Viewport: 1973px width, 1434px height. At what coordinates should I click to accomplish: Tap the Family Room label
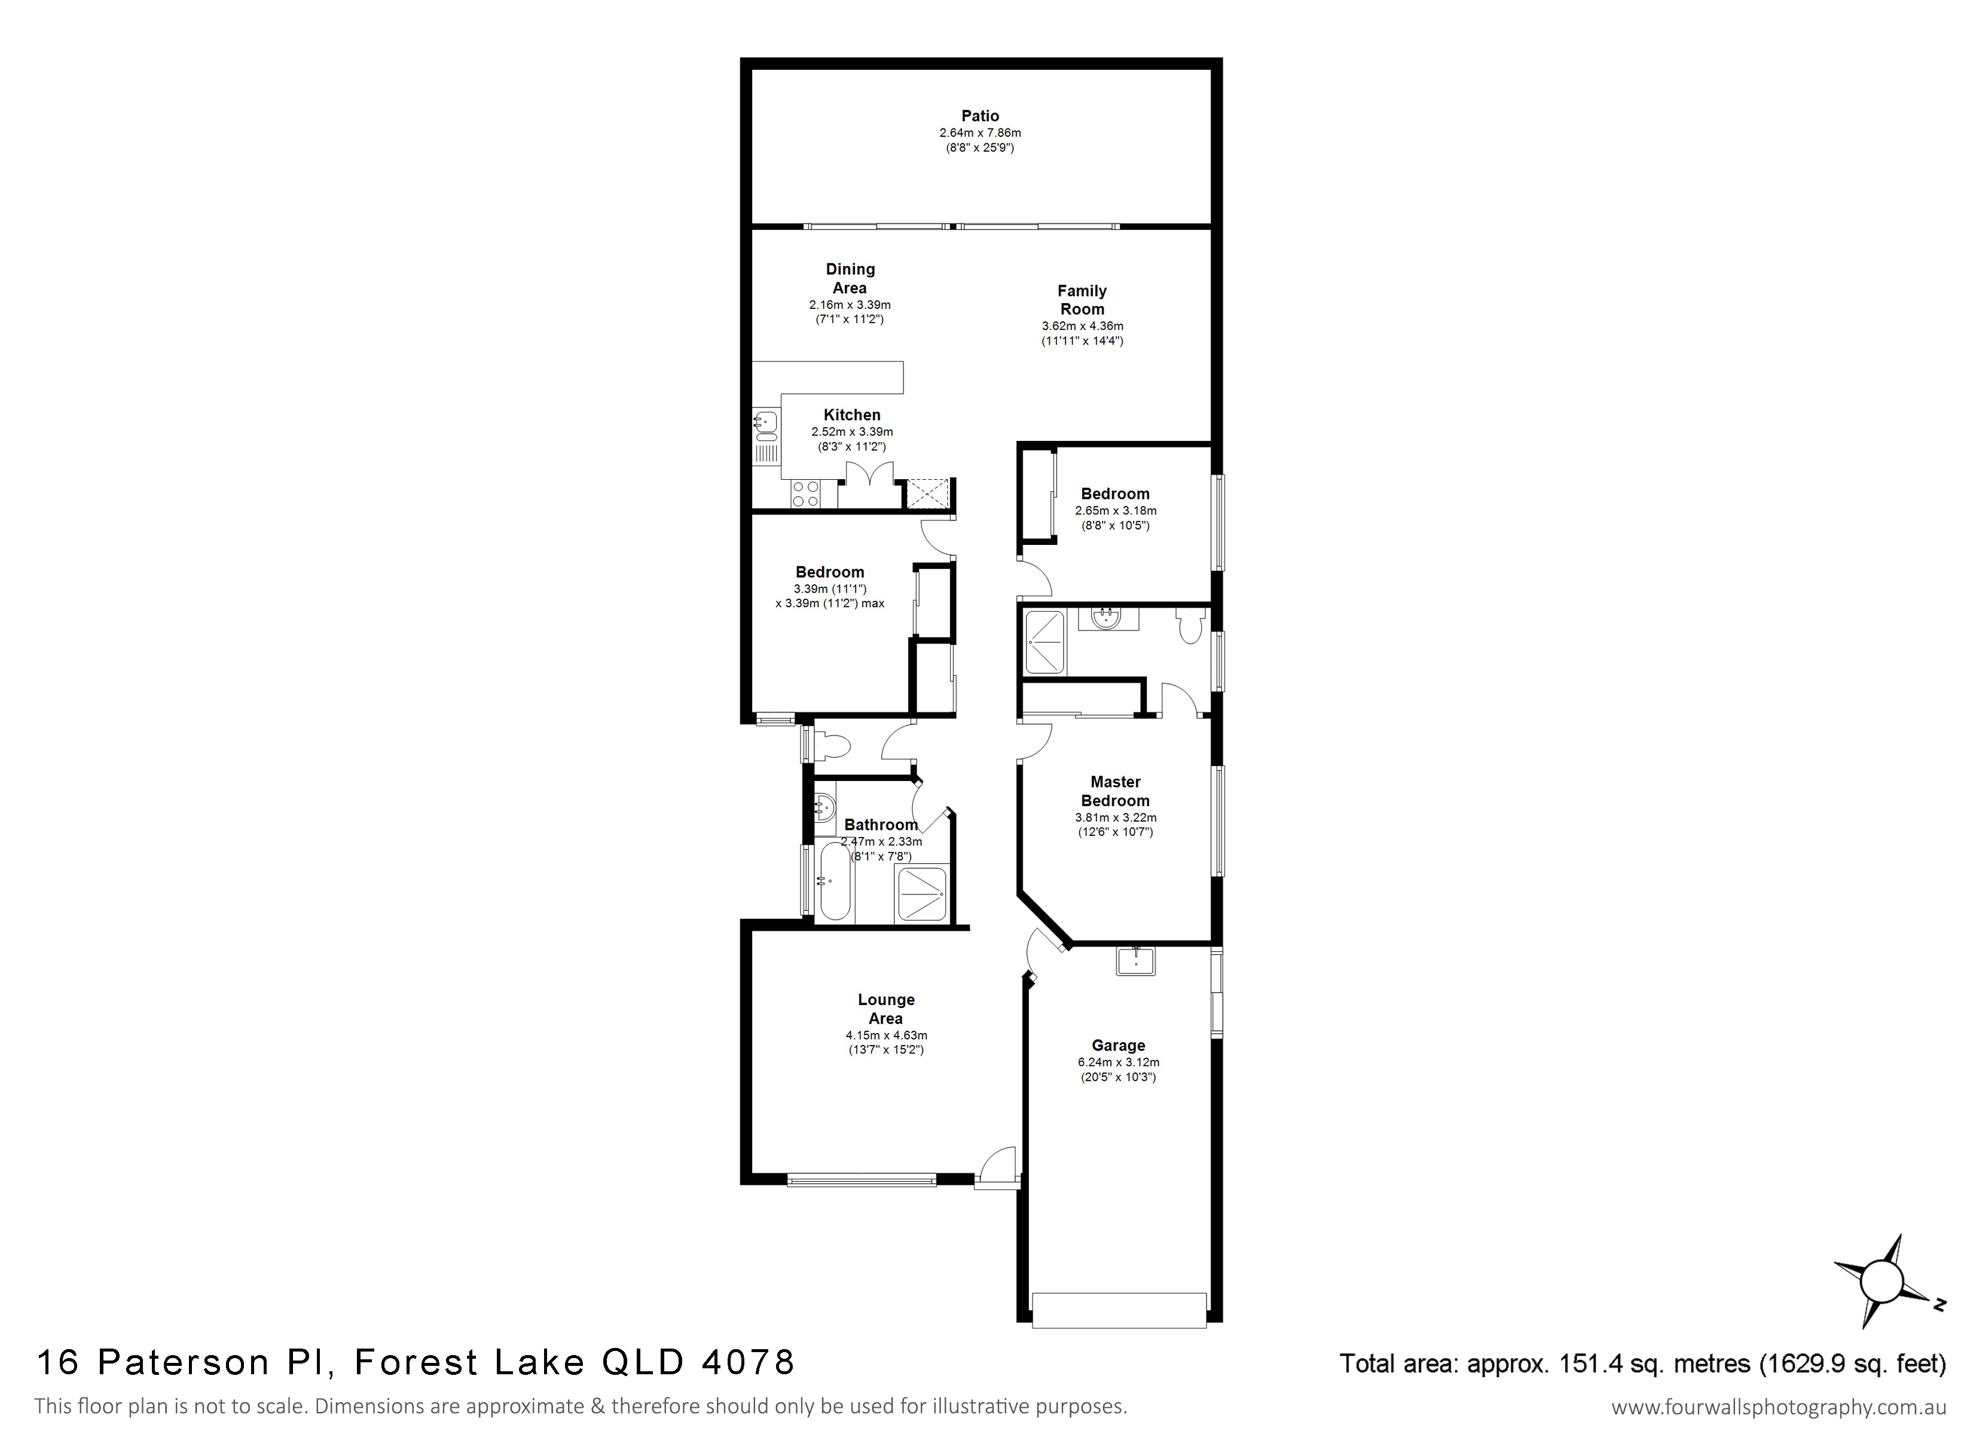coord(1082,300)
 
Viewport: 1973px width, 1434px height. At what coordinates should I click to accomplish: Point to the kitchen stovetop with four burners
coord(197,494)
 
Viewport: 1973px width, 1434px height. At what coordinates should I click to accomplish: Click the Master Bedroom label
coord(1115,791)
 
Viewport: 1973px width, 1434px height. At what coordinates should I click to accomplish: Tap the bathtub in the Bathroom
coord(835,882)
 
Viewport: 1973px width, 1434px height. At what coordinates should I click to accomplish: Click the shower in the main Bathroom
coord(920,894)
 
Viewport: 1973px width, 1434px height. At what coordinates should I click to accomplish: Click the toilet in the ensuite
coord(1190,625)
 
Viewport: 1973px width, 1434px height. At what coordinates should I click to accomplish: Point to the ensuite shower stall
coord(1044,643)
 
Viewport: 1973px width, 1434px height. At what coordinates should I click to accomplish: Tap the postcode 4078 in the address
coord(747,1362)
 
